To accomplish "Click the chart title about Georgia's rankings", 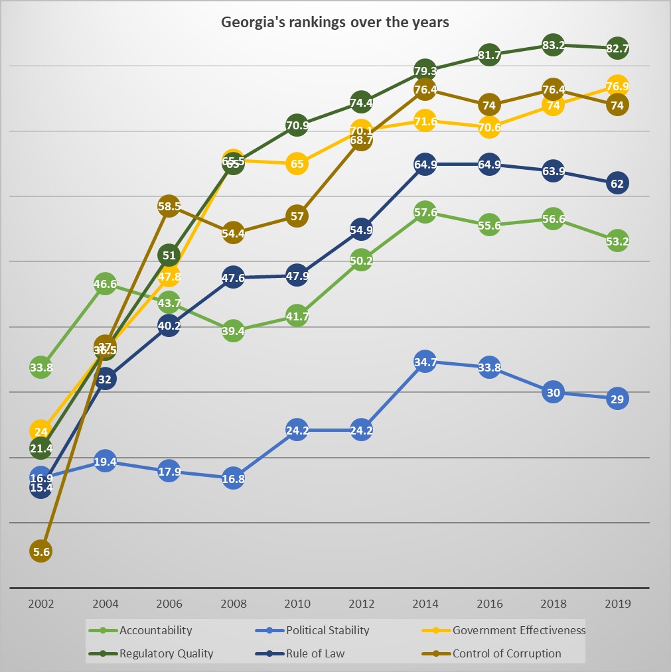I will click(335, 22).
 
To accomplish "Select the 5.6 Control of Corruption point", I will click(41, 551).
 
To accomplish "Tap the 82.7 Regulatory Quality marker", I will click(617, 48).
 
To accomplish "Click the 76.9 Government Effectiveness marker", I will click(617, 86).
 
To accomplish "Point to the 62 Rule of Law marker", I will click(617, 183).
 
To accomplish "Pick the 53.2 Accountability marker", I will click(617, 241).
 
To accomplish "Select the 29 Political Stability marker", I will click(617, 399).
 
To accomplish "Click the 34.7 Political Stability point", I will click(425, 362).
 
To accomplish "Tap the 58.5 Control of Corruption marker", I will click(169, 206).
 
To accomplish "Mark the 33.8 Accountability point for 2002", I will click(41, 366).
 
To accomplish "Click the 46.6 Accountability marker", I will click(105, 285).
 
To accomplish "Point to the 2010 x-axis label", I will click(297, 604).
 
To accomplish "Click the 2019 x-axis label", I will click(617, 604).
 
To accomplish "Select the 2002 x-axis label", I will click(41, 604).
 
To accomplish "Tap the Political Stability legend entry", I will click(327, 630).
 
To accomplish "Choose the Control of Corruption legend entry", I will click(506, 653).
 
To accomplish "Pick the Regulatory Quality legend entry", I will click(166, 653).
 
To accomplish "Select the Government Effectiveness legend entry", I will click(518, 630).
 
